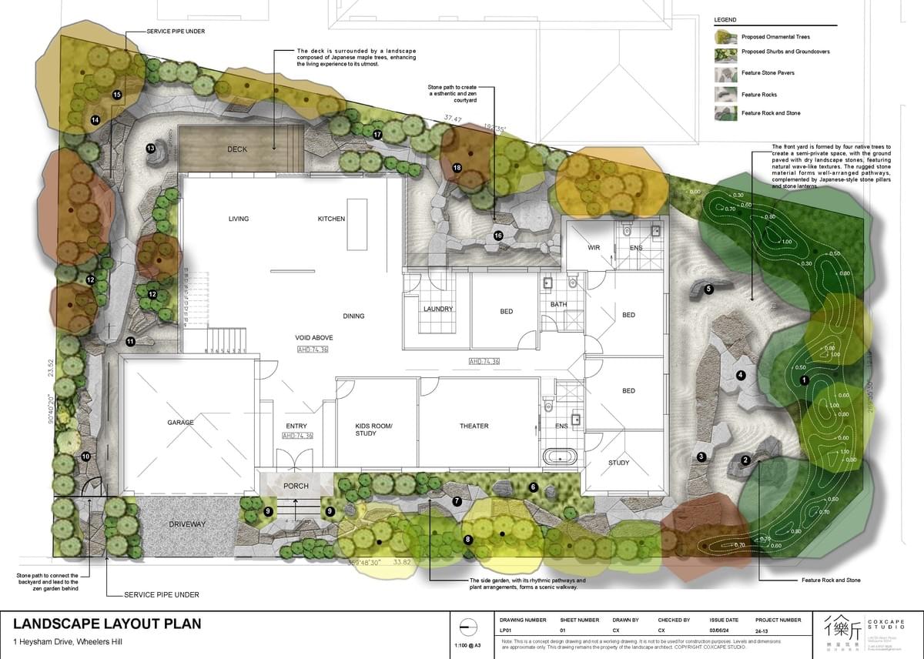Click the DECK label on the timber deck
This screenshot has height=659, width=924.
point(237,149)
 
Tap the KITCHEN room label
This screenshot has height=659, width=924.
point(331,219)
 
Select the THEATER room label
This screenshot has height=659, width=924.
point(474,426)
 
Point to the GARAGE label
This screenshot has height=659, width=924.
point(180,423)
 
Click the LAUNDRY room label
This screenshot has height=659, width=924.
point(437,309)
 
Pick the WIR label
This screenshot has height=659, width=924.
point(594,248)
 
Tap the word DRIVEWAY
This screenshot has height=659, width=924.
point(188,524)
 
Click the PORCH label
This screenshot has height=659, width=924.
point(296,486)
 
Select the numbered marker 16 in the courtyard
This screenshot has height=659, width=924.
point(498,236)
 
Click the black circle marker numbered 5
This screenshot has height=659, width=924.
point(708,289)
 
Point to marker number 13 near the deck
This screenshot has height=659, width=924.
point(151,148)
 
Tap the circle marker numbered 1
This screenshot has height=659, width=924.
point(804,380)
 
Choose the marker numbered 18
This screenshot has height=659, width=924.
point(457,167)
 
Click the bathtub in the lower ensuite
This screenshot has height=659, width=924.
point(560,456)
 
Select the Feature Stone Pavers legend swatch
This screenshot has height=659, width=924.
point(725,73)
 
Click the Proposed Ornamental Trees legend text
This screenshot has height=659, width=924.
point(775,37)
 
